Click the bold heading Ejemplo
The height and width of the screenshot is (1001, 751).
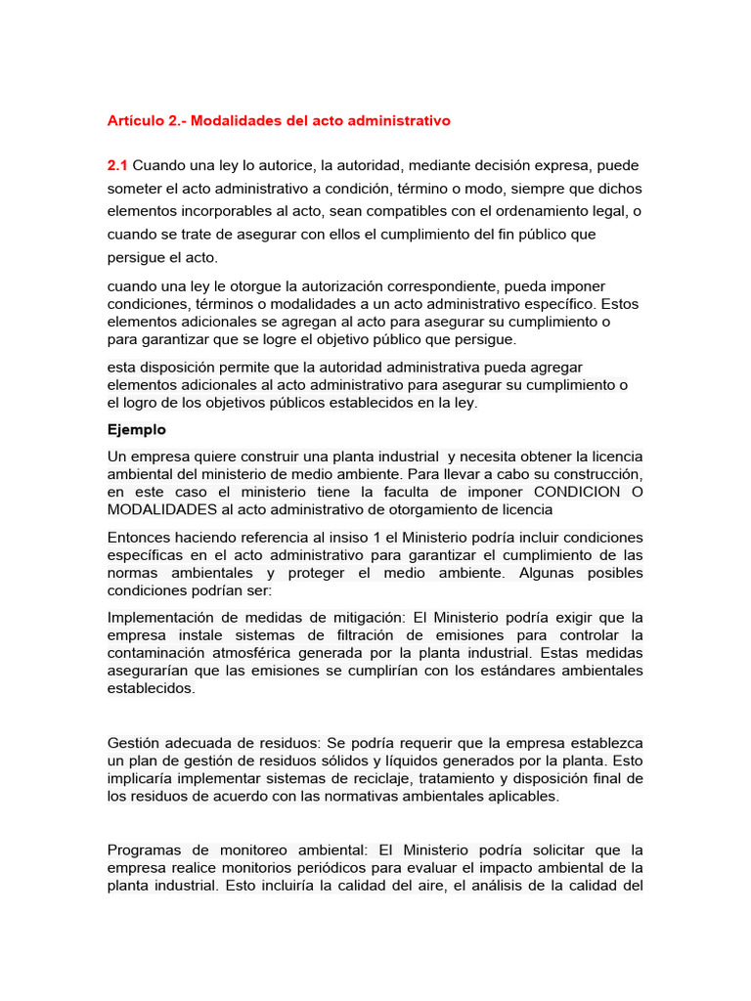136,429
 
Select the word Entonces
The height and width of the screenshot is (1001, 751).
140,537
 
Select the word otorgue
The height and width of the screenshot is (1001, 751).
243,285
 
